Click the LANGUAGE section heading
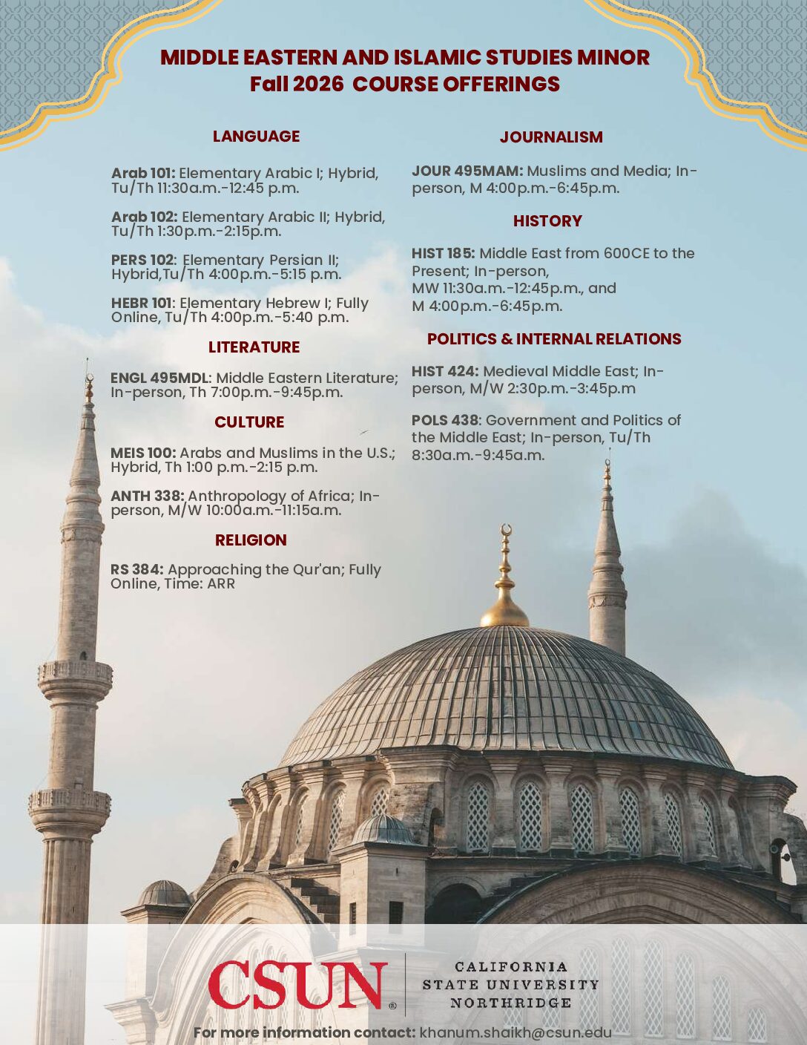pos(256,137)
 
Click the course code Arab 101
pos(142,174)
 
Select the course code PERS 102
pos(142,261)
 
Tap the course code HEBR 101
pos(142,304)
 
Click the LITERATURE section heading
pos(254,347)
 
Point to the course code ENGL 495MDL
pos(159,379)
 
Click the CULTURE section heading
pos(249,422)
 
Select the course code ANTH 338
pos(148,497)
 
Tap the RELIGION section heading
pos(251,540)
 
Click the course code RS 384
pos(137,570)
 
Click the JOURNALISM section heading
pos(551,137)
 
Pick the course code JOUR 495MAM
pos(467,171)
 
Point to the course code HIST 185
pos(443,254)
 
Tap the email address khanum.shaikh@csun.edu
pos(516,1032)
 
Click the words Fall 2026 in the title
pos(296,85)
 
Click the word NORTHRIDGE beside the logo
pos(510,1003)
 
